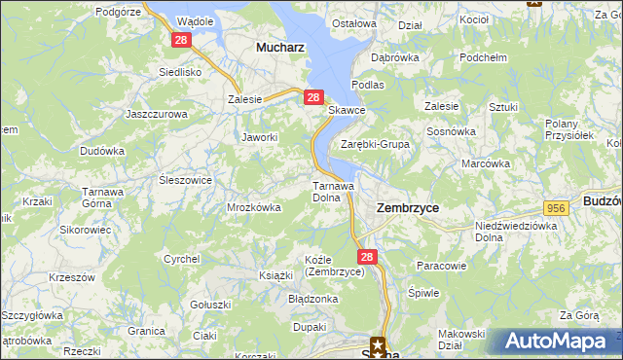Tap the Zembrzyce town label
click(x=407, y=208)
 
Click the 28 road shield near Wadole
click(x=181, y=40)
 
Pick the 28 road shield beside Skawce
click(x=312, y=97)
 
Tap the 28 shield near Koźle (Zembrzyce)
click(x=365, y=257)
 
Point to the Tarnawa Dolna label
click(x=331, y=191)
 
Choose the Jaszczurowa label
click(x=156, y=114)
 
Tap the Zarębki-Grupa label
click(x=375, y=144)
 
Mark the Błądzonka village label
click(x=312, y=299)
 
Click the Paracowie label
click(x=441, y=265)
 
